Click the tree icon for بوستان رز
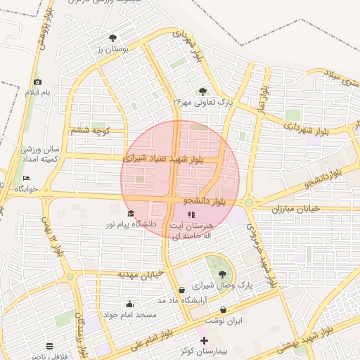click(x=113, y=38)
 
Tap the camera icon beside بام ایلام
click(x=37, y=82)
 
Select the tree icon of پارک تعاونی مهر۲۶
click(x=202, y=91)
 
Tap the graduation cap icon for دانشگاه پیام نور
click(x=129, y=213)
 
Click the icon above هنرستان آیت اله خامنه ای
click(x=191, y=214)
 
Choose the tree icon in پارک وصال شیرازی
click(x=223, y=274)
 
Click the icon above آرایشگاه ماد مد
click(x=182, y=290)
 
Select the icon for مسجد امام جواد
click(x=129, y=304)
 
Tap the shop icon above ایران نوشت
click(x=224, y=309)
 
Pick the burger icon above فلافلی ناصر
click(x=49, y=346)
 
